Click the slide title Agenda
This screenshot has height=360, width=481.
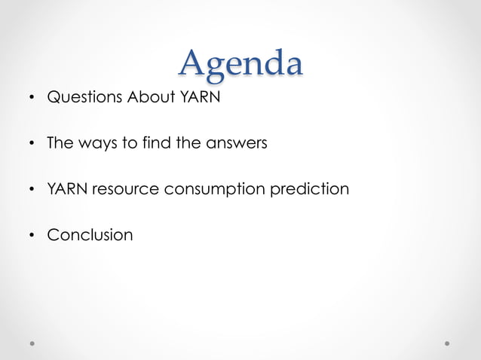click(240, 63)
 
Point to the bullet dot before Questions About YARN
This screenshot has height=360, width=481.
click(32, 98)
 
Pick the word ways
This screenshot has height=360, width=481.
click(95, 142)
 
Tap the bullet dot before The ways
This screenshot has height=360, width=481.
click(32, 144)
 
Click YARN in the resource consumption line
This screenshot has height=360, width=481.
click(68, 188)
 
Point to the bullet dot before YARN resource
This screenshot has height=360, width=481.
click(32, 190)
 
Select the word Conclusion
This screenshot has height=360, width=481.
click(90, 234)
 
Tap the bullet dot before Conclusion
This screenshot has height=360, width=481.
click(32, 236)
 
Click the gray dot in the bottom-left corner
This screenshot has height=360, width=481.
click(33, 343)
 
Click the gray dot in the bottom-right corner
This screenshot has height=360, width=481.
click(447, 343)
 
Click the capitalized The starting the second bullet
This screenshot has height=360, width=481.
click(59, 142)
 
